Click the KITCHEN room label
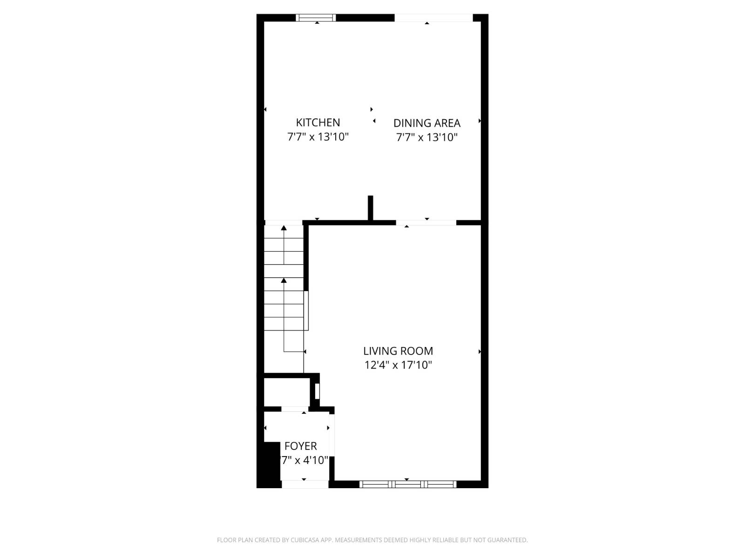click(318, 123)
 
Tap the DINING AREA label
click(427, 123)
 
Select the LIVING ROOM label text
click(398, 351)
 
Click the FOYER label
click(300, 446)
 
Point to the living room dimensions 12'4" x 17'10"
click(398, 365)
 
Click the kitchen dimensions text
click(318, 137)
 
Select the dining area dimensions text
click(427, 137)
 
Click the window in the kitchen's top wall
click(316, 18)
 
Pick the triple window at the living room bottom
click(408, 484)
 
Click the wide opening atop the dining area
click(433, 18)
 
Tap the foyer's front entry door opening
click(305, 484)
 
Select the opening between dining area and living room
click(426, 223)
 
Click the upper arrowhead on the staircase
click(284, 228)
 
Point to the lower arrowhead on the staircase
click(284, 280)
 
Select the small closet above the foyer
click(286, 392)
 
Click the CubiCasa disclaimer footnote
click(372, 540)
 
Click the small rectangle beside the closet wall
click(317, 391)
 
